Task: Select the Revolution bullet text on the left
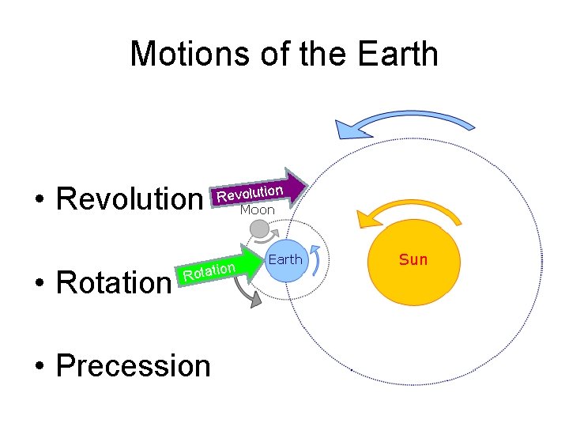129,199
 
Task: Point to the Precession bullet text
134,365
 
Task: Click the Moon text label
257,210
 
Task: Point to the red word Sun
413,259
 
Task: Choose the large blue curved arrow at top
403,121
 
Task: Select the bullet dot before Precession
37,366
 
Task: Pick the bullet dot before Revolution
37,200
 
